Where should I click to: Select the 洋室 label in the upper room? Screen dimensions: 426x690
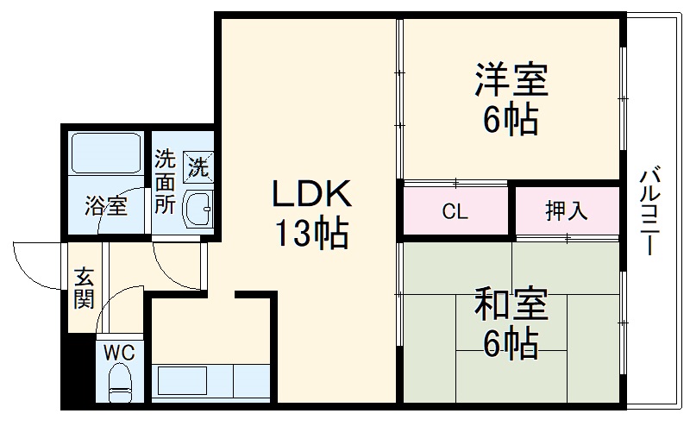click(x=511, y=82)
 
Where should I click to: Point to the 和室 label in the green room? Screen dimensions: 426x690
click(x=511, y=306)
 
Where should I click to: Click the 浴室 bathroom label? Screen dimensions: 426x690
click(x=105, y=207)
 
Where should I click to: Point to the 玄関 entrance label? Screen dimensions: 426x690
click(x=84, y=288)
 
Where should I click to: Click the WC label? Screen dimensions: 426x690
click(x=119, y=352)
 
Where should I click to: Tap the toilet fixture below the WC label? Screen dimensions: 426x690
click(x=119, y=382)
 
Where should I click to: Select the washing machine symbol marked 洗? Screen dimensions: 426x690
click(x=198, y=164)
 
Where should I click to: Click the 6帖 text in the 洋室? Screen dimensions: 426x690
click(x=511, y=119)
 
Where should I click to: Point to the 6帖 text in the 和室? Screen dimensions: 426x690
click(x=511, y=345)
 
